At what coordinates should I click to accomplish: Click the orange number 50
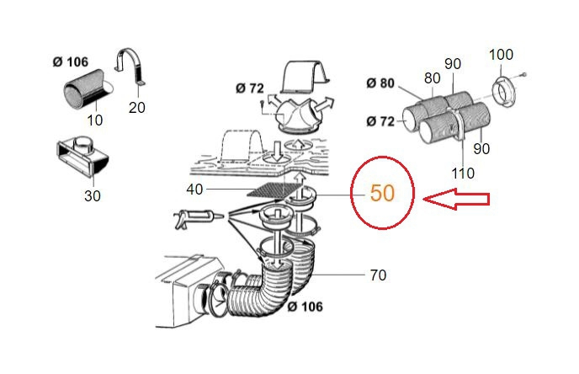click(x=382, y=193)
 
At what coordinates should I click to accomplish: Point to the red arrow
click(x=456, y=199)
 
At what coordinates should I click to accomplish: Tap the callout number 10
click(x=94, y=120)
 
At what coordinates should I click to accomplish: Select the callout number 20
click(x=136, y=108)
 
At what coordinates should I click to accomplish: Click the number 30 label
click(x=93, y=196)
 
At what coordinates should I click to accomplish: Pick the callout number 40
click(x=194, y=190)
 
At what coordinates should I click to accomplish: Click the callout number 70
click(x=378, y=275)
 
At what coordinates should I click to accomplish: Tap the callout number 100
click(x=501, y=55)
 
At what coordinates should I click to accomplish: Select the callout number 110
click(x=463, y=173)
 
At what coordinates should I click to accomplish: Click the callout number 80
click(x=432, y=78)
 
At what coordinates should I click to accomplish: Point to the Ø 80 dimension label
click(x=380, y=83)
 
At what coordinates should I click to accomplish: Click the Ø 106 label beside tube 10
click(x=71, y=61)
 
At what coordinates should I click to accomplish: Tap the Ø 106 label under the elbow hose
click(x=305, y=307)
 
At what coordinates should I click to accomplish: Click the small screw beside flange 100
click(x=522, y=76)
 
